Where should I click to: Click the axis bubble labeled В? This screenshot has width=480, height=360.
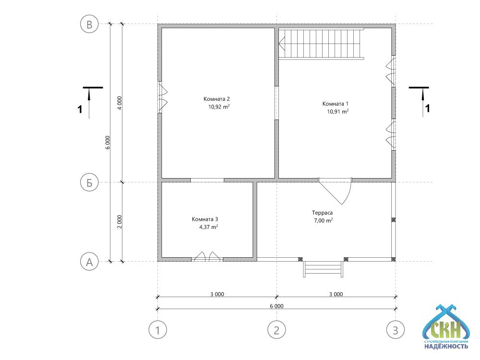pos(89,24)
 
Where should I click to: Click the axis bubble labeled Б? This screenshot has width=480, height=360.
pos(89,182)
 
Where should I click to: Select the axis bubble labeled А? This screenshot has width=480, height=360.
pos(89,262)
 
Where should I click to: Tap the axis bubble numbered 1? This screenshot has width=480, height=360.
pos(157,330)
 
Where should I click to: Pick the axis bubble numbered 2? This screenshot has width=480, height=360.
pos(277,330)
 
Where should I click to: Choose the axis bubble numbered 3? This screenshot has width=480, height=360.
pos(396,330)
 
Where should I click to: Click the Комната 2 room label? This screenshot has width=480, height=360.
pos(216,99)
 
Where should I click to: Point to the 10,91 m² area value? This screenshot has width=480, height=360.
pos(337,111)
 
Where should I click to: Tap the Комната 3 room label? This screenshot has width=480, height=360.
pos(205,219)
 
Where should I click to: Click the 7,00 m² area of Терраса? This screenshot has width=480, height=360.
pos(323,220)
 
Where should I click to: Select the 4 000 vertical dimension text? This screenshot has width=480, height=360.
pos(120,103)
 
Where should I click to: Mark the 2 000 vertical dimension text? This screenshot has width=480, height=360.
pos(120,222)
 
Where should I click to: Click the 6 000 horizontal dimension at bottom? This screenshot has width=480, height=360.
pos(276,306)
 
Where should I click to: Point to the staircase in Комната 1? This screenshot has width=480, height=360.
pos(321,43)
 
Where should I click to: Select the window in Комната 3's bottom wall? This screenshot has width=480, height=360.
pos(207,256)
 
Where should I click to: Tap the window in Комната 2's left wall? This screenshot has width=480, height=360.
pos(162,97)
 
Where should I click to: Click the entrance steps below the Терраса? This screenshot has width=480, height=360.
pos(323,269)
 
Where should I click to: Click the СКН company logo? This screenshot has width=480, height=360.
pos(446,327)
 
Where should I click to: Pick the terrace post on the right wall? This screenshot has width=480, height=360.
pos(394,220)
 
